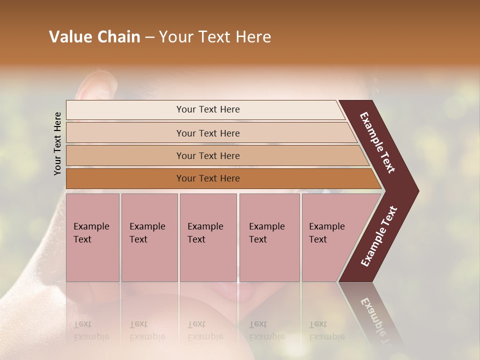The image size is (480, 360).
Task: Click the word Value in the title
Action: coord(70,37)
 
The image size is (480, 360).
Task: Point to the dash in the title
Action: coord(149,37)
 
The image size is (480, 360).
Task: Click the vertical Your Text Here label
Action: coord(57,143)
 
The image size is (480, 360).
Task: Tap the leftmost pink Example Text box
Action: coord(92,237)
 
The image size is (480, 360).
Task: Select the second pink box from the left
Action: coord(149,237)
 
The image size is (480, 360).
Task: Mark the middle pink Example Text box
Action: coord(208,237)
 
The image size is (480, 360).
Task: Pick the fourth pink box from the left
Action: coord(269,237)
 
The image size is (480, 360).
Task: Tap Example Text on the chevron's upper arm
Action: coord(377,142)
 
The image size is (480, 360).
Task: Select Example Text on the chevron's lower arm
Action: coord(379,236)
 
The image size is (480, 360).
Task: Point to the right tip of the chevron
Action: coord(417,191)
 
